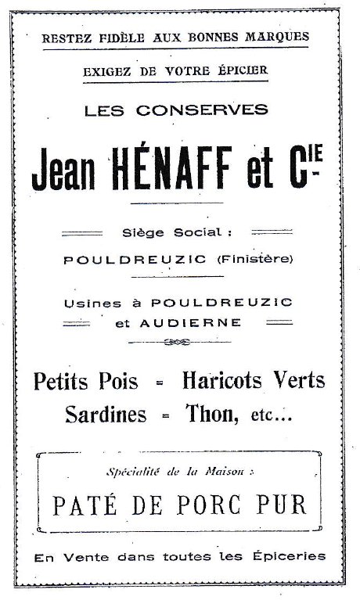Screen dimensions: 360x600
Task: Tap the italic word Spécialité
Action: [x=134, y=472]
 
